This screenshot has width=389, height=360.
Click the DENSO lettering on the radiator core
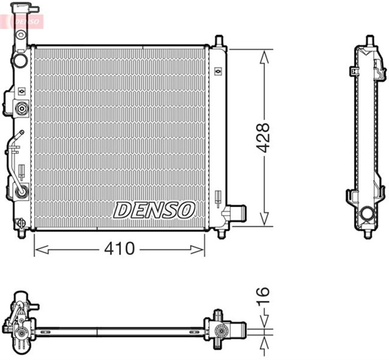tap(154, 210)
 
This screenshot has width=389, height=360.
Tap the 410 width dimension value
tap(119, 249)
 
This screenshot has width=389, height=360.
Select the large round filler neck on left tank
tap(21, 61)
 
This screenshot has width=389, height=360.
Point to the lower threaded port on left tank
tap(22, 191)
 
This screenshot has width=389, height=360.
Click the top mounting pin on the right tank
tap(219, 40)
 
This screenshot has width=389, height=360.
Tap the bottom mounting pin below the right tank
tap(220, 234)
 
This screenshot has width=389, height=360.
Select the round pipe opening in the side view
tap(367, 214)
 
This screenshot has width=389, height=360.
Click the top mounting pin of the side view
tap(368, 40)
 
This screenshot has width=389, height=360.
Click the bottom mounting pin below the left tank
tap(22, 233)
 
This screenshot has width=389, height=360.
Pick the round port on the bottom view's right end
tap(221, 331)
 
